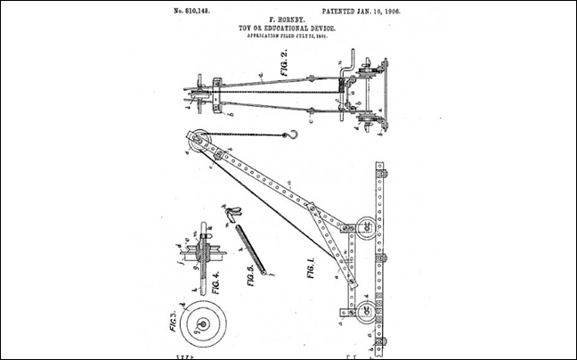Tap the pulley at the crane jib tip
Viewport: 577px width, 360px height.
[199, 140]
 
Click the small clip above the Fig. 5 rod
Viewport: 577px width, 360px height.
[232, 213]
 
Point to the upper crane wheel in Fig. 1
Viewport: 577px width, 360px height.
[365, 228]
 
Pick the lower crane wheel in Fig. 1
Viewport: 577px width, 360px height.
[365, 311]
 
